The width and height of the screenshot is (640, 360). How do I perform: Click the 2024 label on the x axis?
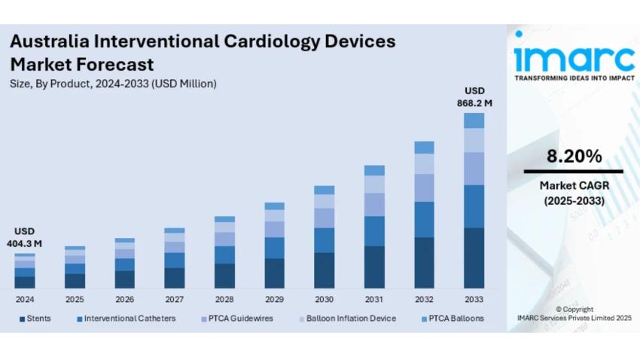(25, 300)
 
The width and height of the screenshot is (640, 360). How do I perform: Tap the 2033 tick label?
(474, 300)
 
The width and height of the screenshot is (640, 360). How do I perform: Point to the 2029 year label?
(274, 300)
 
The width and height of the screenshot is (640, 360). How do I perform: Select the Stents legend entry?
(35, 319)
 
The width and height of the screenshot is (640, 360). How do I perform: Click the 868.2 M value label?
(474, 102)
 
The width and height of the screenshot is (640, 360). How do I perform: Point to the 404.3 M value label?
(24, 244)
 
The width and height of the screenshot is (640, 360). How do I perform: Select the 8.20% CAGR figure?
(574, 157)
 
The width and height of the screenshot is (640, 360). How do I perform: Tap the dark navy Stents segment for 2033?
(474, 258)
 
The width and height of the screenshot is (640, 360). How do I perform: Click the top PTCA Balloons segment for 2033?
(474, 121)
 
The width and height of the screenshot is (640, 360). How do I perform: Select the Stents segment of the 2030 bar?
(324, 270)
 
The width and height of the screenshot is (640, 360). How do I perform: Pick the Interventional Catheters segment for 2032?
(424, 219)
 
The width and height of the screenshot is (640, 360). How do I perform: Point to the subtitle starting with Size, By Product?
(113, 84)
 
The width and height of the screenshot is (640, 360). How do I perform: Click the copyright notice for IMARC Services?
(574, 313)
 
